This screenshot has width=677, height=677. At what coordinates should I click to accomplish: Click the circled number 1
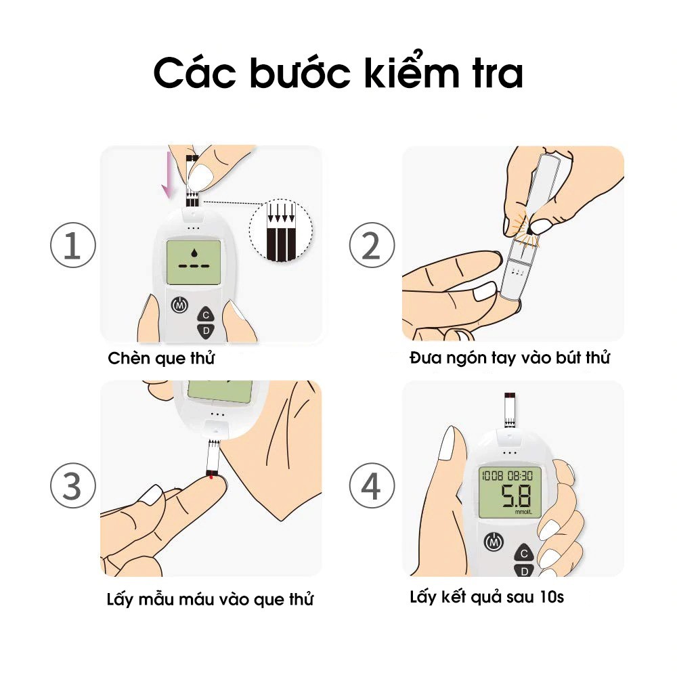[x=73, y=245]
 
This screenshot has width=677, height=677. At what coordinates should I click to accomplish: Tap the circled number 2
[x=372, y=245]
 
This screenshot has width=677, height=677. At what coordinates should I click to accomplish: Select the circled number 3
[x=73, y=485]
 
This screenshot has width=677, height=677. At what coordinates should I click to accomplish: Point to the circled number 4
[x=372, y=485]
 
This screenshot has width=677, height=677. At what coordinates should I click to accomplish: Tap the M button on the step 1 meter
[x=180, y=305]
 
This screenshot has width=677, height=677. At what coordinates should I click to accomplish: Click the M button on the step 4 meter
[x=494, y=542]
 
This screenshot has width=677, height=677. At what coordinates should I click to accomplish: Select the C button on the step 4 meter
[x=524, y=552]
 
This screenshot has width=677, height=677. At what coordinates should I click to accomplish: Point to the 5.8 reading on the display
[x=515, y=496]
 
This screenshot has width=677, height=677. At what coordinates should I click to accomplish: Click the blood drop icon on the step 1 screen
[x=194, y=252]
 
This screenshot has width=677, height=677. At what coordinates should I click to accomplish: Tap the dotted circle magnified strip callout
[x=281, y=231]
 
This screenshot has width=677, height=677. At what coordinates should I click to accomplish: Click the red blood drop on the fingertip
[x=211, y=477]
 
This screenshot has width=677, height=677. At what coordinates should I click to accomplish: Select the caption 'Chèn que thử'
[x=161, y=358]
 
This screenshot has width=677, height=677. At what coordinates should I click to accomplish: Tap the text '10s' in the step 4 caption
[x=552, y=597]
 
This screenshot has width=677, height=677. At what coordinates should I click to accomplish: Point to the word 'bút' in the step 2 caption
[x=569, y=357]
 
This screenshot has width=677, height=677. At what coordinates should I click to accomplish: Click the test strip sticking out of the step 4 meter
[x=510, y=410]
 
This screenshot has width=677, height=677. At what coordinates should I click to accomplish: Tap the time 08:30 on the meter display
[x=520, y=476]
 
